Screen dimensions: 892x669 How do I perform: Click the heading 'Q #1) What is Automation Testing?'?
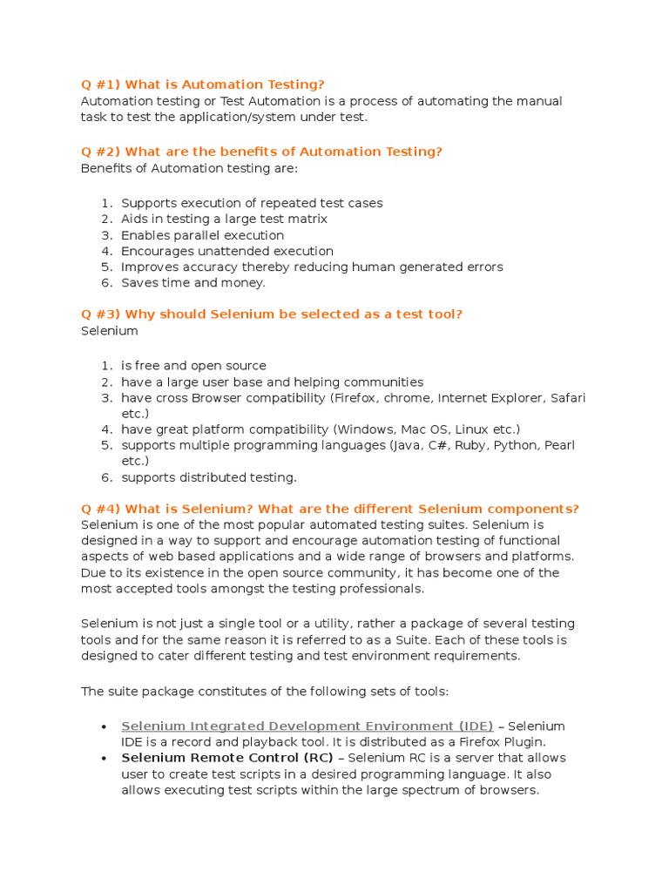pos(202,84)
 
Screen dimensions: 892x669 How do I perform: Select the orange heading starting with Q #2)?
pos(261,152)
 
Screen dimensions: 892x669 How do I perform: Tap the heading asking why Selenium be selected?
pos(271,314)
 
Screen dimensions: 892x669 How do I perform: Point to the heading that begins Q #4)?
pos(329,509)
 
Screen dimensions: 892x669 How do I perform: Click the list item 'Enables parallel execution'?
pos(202,235)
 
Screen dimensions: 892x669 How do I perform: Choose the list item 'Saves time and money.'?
pos(193,283)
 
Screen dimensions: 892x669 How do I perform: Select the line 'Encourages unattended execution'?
pos(226,251)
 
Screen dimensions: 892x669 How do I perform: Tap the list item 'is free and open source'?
pos(193,366)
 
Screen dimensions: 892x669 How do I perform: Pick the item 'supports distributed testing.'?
pos(208,477)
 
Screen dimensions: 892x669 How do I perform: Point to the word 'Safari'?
pos(568,398)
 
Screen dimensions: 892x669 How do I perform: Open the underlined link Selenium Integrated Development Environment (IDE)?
pos(307,726)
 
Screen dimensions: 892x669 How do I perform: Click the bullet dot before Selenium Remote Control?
pos(104,759)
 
